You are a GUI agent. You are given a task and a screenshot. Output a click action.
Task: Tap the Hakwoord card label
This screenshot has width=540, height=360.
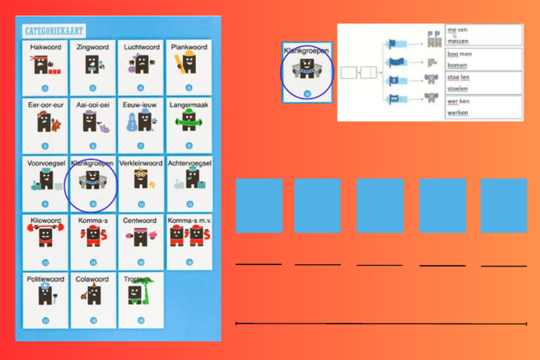pyautogui.click(x=46, y=48)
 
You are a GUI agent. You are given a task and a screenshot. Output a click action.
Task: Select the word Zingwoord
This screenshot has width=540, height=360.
pyautogui.click(x=92, y=48)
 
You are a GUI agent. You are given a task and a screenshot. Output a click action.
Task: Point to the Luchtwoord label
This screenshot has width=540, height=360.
pyautogui.click(x=140, y=48)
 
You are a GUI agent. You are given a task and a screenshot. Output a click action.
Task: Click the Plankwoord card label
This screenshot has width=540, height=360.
pyautogui.click(x=189, y=48)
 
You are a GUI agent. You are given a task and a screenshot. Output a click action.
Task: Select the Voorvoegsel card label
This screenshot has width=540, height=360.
pyautogui.click(x=45, y=163)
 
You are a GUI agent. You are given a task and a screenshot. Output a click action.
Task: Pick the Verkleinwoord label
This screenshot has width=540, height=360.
pyautogui.click(x=141, y=163)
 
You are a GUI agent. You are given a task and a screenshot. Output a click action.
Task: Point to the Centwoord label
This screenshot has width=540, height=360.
pyautogui.click(x=140, y=221)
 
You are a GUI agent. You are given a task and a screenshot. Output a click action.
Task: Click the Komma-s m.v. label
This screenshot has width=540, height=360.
pyautogui.click(x=189, y=221)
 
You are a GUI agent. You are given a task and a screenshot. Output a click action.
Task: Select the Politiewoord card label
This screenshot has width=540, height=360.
pyautogui.click(x=46, y=279)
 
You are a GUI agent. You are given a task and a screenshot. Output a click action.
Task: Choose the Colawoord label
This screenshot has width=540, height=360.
pyautogui.click(x=92, y=279)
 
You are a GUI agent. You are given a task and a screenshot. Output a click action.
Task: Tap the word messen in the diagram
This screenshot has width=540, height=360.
pyautogui.click(x=457, y=41)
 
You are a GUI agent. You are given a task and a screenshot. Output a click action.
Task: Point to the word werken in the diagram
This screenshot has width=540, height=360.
pyautogui.click(x=458, y=112)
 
